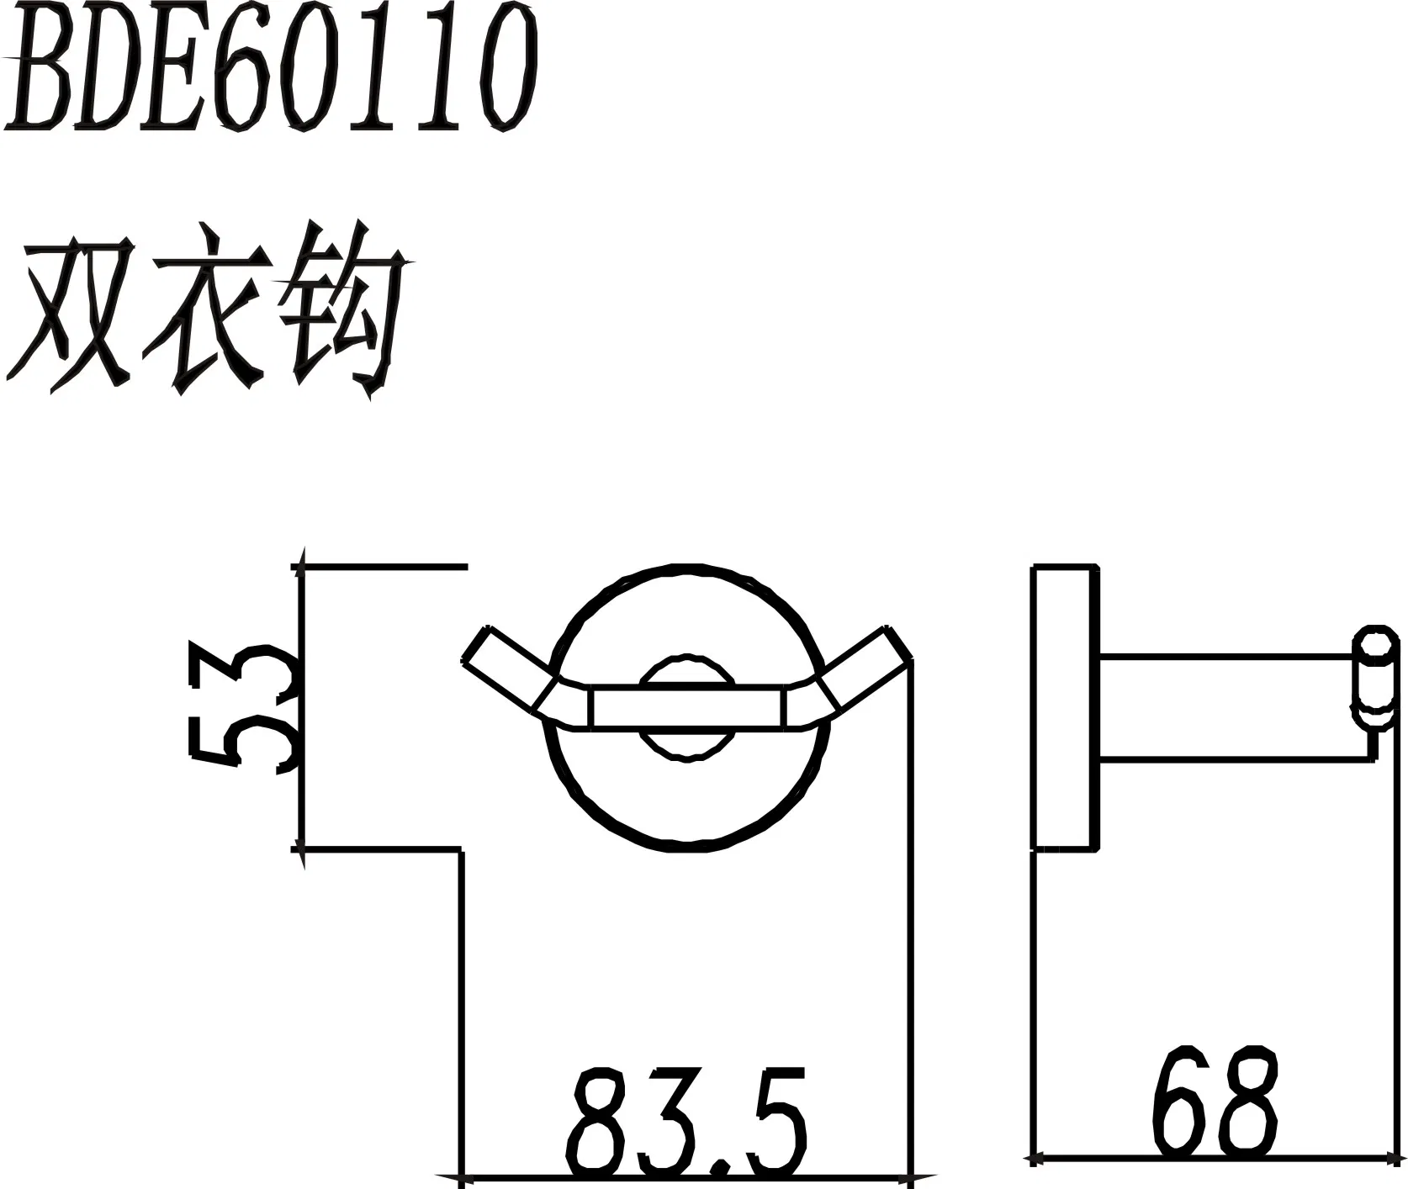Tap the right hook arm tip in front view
click(x=898, y=644)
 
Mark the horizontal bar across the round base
click(x=688, y=707)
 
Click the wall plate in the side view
click(x=1066, y=709)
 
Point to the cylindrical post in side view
click(x=1228, y=707)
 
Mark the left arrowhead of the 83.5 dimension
click(x=451, y=1175)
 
